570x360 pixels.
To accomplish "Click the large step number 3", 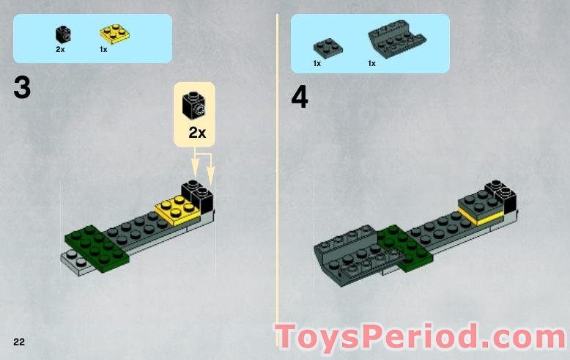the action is coord(22,88).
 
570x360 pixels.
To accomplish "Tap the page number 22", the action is coord(19,342).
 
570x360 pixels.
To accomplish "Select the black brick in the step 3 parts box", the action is coord(63,34).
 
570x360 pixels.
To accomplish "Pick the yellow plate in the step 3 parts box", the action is coord(114,34).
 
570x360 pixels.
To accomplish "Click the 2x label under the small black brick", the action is coord(60,49).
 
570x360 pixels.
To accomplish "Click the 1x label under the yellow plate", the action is coord(103,49).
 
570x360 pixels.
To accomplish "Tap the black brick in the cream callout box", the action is coord(193,105).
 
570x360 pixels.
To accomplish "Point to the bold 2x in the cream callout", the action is coord(197,133).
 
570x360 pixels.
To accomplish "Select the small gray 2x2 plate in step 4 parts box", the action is coord(328,47).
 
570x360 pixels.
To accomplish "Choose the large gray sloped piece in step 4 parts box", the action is coord(397,39).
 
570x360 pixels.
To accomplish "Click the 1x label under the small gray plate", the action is coord(317,64).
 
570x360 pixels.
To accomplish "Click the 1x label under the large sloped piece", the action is coord(371,64).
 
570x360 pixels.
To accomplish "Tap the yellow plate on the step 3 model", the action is coord(178,210).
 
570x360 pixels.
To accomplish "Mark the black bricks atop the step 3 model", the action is coord(197,196).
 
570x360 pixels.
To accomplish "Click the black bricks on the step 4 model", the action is coord(501,196).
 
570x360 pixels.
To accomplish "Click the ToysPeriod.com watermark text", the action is coord(421,337).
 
